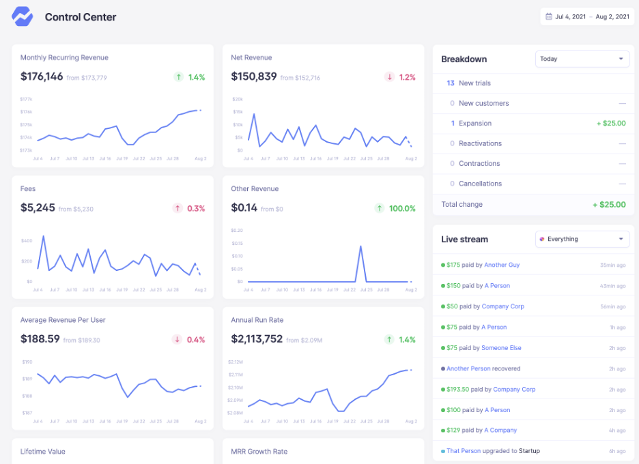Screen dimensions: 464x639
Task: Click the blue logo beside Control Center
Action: coord(23,16)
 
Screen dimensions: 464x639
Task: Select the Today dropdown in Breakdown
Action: coord(582,59)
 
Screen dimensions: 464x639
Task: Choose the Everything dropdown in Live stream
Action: coord(582,240)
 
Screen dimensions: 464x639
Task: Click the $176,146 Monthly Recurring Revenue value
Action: coord(42,77)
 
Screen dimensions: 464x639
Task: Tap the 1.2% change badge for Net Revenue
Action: coord(400,77)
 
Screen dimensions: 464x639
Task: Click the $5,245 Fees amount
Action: coord(38,208)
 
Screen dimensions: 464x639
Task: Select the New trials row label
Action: coord(474,83)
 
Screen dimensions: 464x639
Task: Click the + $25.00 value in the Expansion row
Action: coord(610,124)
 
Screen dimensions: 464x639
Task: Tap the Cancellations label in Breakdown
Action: coord(480,184)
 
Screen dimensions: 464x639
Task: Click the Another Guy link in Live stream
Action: coord(502,265)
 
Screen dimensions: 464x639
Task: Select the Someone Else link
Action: coord(501,348)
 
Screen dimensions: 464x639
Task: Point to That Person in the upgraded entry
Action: coord(464,451)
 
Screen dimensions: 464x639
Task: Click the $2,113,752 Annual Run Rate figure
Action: coord(257,339)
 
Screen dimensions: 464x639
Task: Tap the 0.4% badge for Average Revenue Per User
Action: coord(190,340)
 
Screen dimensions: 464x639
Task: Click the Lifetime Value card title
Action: coord(42,451)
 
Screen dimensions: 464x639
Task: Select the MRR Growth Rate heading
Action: coord(259,451)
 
